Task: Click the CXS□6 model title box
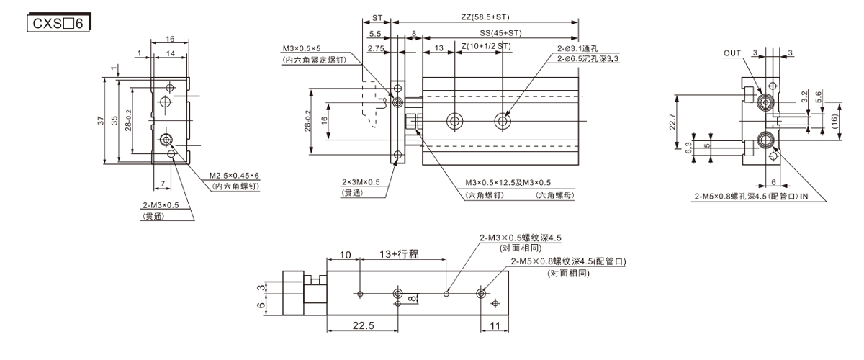(58, 23)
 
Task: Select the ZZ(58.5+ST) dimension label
(485, 17)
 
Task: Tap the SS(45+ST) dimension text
(500, 33)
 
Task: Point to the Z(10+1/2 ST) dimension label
(486, 46)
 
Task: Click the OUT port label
(732, 53)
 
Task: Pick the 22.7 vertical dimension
(672, 122)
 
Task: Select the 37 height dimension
(101, 120)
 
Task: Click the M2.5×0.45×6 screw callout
(234, 176)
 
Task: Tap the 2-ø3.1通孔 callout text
(577, 48)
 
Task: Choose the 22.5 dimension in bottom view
(364, 325)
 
